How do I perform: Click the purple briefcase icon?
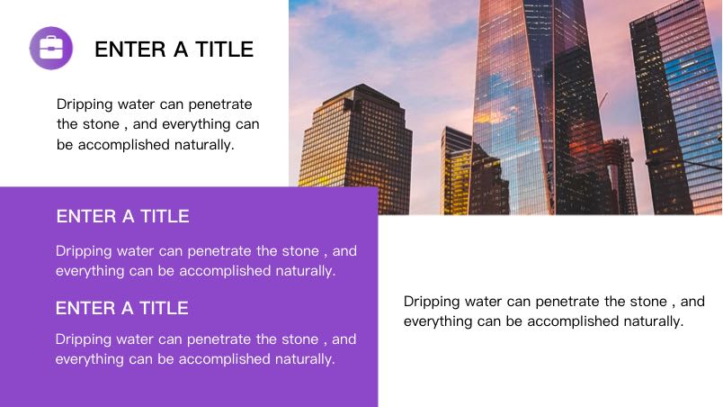tap(51, 48)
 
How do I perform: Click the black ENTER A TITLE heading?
tap(174, 50)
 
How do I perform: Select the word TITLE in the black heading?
tap(225, 50)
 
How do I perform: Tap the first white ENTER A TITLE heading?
tap(122, 216)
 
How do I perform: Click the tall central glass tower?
tap(513, 107)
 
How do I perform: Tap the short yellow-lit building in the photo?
tap(456, 172)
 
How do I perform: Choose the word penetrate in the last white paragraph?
tap(219, 339)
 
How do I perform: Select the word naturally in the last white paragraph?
tap(305, 359)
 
